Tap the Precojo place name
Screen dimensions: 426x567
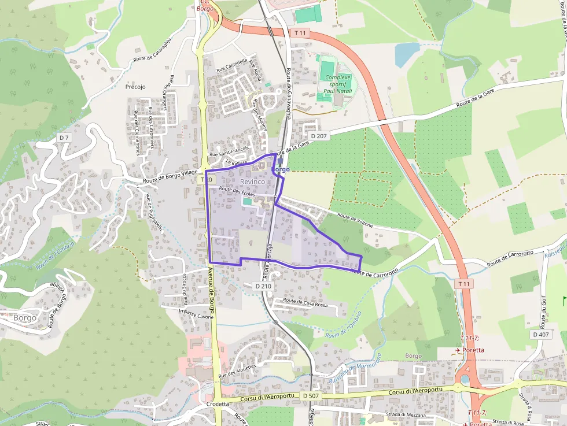tap(135, 87)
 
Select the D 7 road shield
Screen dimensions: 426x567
tap(64, 137)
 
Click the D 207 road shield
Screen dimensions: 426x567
tap(319, 136)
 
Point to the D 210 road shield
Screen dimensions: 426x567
tap(263, 286)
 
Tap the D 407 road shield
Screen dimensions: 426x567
tap(541, 335)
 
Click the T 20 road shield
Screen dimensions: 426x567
tap(207, 180)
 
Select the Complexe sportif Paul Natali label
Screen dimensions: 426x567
tap(338, 84)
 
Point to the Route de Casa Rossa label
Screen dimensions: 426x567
tap(306, 303)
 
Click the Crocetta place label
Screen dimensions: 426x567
tap(218, 404)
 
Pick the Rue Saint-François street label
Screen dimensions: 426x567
tap(229, 152)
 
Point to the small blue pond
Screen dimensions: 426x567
tap(407, 54)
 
